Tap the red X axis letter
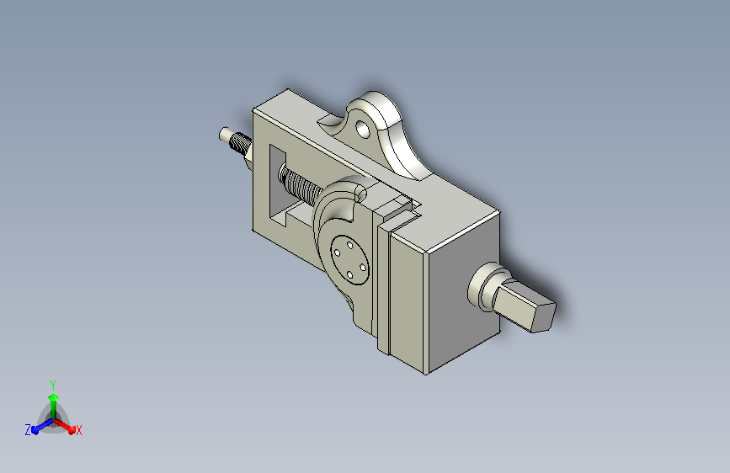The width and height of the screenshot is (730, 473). pyautogui.click(x=78, y=430)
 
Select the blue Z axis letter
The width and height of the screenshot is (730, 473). pyautogui.click(x=28, y=429)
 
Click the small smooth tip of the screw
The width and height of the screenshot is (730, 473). pyautogui.click(x=225, y=134)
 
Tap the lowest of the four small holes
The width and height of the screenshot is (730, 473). pyautogui.click(x=350, y=274)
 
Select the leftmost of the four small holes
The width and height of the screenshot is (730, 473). pyautogui.click(x=336, y=252)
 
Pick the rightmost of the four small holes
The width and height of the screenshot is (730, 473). pyautogui.click(x=363, y=266)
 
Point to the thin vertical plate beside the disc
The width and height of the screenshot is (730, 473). pyautogui.click(x=383, y=286)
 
